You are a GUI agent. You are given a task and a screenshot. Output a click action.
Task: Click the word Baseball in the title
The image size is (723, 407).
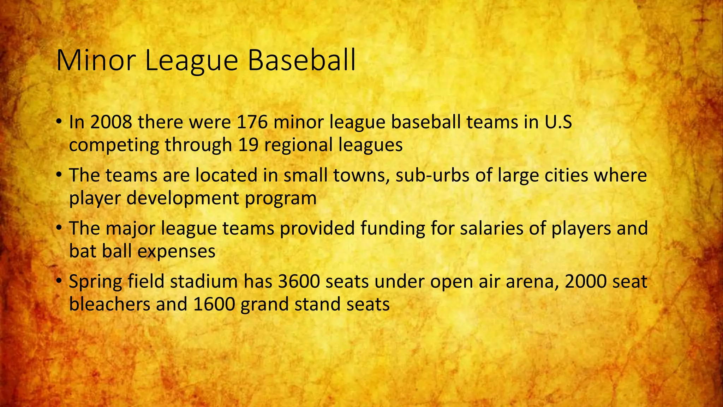point(301,61)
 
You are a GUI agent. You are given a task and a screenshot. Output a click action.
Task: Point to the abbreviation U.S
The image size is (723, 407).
point(558,122)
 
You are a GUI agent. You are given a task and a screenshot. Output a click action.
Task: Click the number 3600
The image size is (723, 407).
point(299,282)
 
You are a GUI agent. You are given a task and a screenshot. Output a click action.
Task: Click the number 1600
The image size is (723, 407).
point(214,304)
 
